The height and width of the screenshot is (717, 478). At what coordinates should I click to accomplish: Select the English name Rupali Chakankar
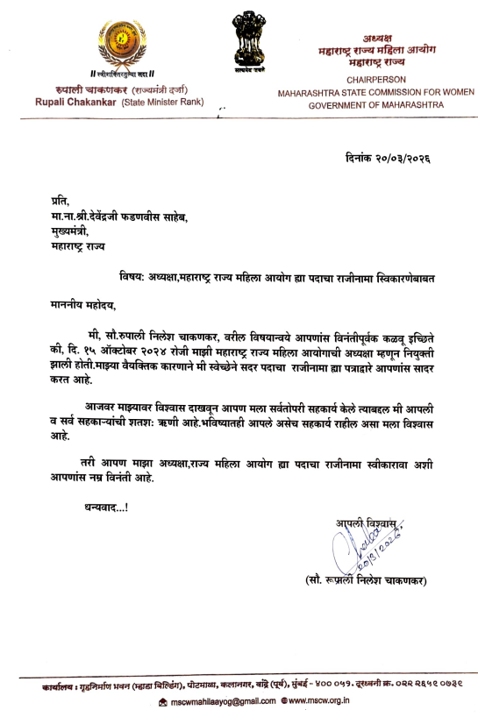[x=85, y=103]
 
